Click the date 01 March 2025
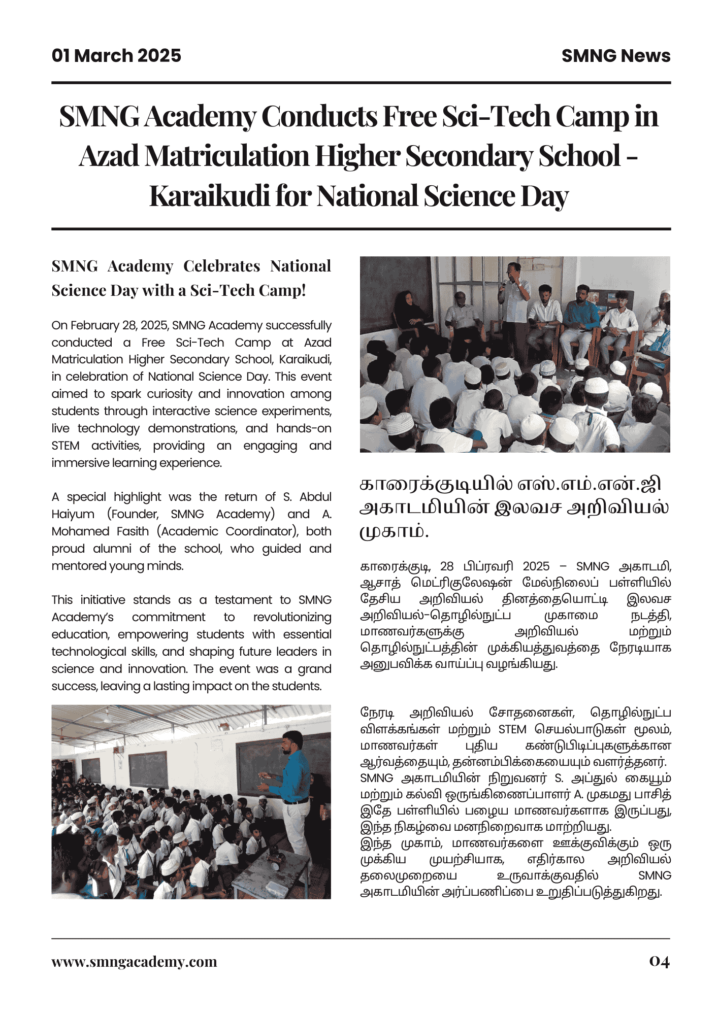(116, 56)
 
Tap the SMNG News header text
(615, 56)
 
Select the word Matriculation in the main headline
(226, 156)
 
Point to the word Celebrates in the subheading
(221, 266)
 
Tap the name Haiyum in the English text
(73, 514)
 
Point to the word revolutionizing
(292, 617)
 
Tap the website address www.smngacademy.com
(134, 962)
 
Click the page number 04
(659, 961)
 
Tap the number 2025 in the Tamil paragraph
(536, 566)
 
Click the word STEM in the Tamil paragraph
(512, 729)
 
